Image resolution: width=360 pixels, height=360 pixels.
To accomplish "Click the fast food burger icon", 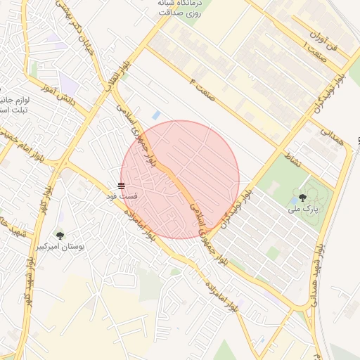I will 122,186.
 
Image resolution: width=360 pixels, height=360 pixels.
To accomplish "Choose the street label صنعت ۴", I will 202,89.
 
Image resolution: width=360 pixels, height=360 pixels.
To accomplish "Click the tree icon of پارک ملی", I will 303,198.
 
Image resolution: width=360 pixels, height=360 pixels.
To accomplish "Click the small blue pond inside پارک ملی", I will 294,200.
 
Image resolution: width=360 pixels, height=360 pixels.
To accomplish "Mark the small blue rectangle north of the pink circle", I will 156,115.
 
